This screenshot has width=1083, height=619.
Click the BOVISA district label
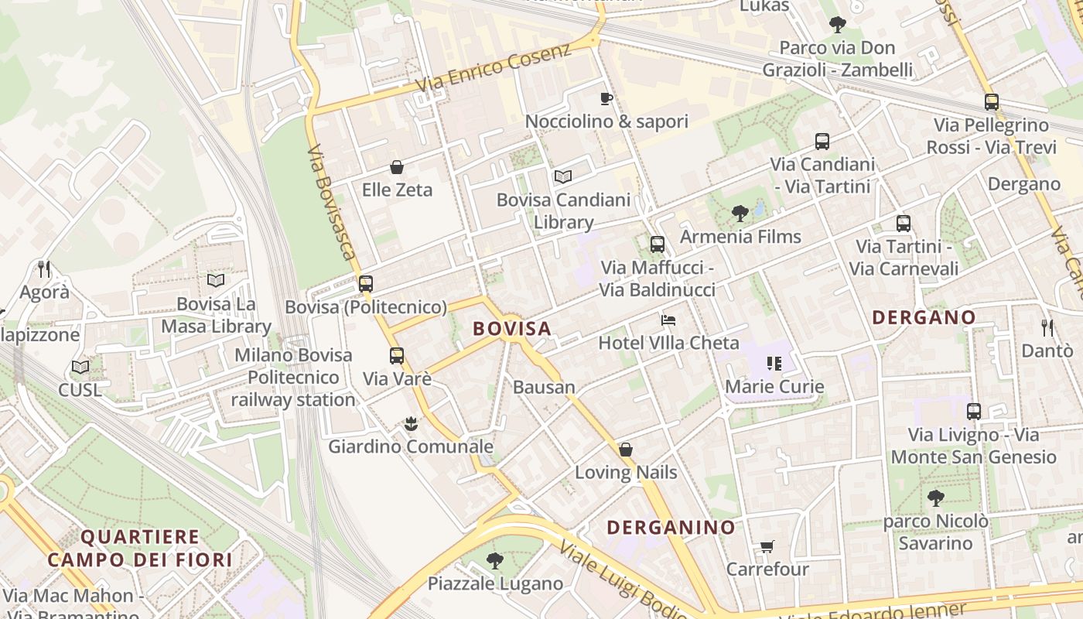click(x=512, y=329)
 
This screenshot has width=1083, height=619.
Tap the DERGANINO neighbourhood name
click(x=671, y=528)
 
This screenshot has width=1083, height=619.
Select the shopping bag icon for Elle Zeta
click(x=397, y=167)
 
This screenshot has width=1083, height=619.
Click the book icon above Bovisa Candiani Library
click(x=563, y=177)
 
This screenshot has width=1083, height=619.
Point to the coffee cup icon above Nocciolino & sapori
click(x=606, y=98)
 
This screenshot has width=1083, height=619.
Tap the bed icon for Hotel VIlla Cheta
click(x=668, y=320)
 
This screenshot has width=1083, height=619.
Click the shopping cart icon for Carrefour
click(x=767, y=547)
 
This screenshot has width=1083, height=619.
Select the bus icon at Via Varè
click(x=397, y=356)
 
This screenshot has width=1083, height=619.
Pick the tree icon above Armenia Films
click(x=740, y=213)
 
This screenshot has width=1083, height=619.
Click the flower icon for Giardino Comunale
click(x=411, y=424)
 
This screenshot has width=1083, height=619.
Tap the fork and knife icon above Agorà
click(x=44, y=269)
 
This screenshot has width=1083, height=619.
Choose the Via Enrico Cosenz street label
click(x=494, y=68)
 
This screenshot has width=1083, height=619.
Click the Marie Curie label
click(x=774, y=386)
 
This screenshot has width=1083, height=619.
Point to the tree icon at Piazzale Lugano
click(x=495, y=561)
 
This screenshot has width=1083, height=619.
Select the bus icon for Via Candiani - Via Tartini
click(x=822, y=142)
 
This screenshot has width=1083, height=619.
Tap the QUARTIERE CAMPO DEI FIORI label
click(x=140, y=548)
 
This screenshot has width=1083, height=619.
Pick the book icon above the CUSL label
click(x=80, y=367)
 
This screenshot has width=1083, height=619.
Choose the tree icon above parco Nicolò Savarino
click(x=936, y=498)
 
